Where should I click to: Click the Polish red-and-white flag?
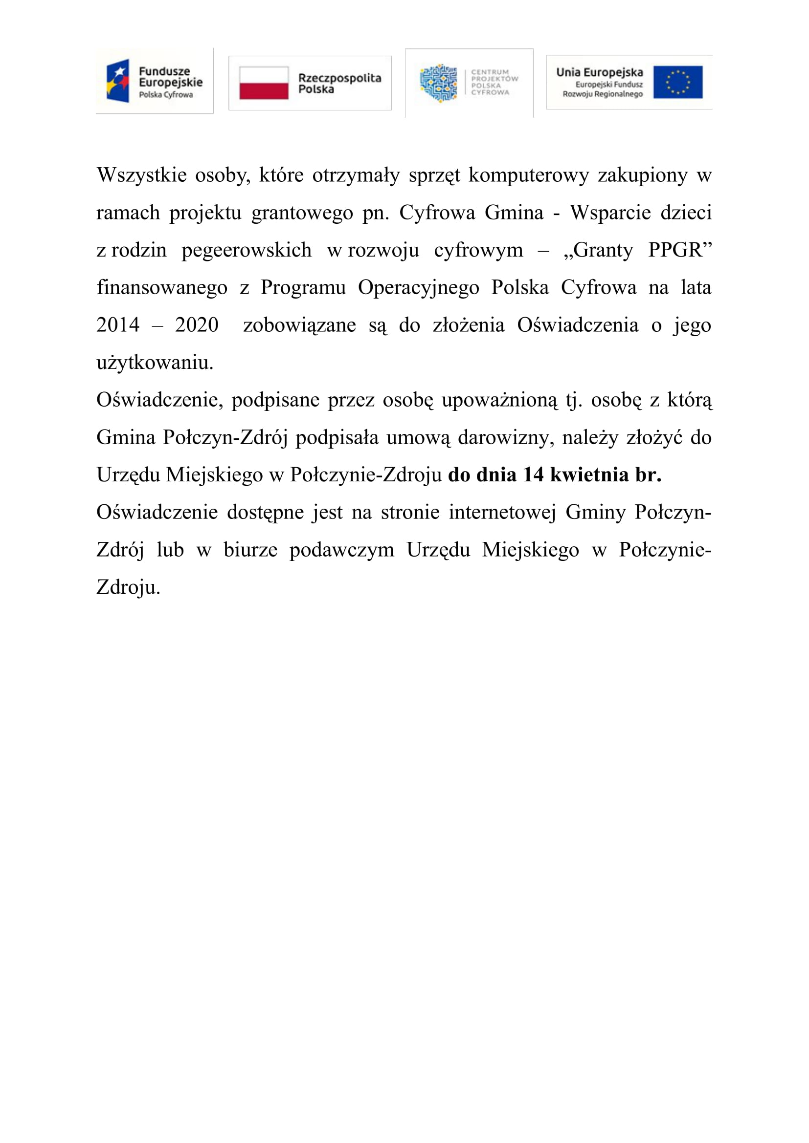264,83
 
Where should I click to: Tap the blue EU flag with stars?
677,82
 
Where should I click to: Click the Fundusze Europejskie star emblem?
118,81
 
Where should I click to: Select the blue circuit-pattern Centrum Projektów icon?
438,83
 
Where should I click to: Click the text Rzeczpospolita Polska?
339,83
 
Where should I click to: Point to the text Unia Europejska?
599,72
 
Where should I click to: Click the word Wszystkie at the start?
141,175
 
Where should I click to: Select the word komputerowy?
529,175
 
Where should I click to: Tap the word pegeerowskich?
247,250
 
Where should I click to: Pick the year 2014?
118,325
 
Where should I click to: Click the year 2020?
197,325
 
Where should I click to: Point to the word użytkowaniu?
155,363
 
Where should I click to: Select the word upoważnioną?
500,400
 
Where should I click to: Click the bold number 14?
533,475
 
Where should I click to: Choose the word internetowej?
502,512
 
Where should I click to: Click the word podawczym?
342,550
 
